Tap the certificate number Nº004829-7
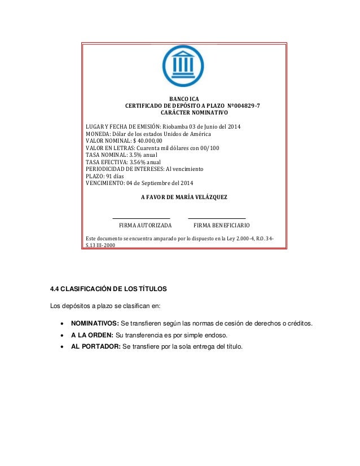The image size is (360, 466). pos(243,105)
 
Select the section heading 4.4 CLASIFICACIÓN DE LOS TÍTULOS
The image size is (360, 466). pos(109,289)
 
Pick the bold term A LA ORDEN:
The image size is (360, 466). pos(92,335)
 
